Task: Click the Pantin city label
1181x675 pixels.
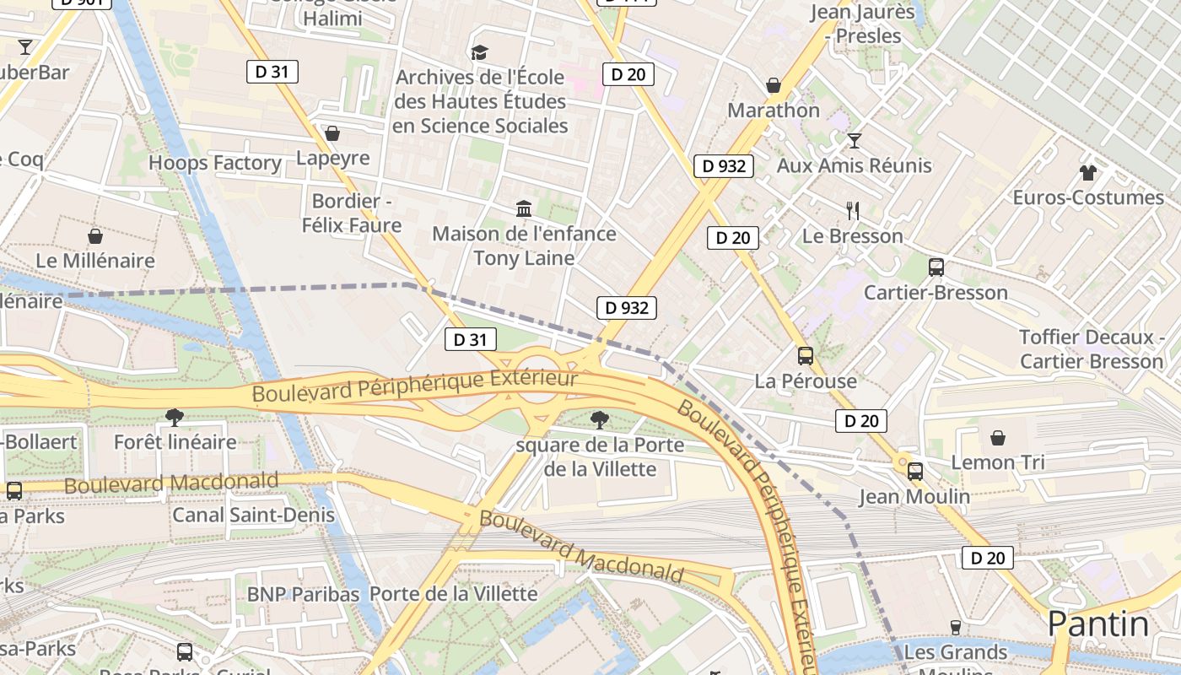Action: (x=1097, y=625)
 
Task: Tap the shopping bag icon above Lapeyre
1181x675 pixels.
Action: (x=332, y=134)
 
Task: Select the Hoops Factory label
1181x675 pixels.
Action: (x=215, y=163)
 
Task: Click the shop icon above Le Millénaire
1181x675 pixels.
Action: (x=95, y=236)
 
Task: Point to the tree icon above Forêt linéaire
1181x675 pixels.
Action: (x=175, y=417)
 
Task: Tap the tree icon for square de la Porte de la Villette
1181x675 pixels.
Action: (x=600, y=419)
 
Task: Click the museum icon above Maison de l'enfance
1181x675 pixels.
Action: (x=524, y=208)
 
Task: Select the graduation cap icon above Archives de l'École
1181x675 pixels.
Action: (x=480, y=53)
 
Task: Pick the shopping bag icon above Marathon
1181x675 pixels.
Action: (x=774, y=86)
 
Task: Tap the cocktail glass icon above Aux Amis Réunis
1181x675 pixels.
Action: (x=855, y=141)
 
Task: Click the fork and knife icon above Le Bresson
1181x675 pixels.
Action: (x=854, y=211)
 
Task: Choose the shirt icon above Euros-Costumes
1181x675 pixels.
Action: (x=1087, y=173)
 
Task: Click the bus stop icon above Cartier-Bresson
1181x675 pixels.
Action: (x=936, y=267)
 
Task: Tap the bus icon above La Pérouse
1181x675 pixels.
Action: (x=806, y=356)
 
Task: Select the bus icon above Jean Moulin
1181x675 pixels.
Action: (x=915, y=472)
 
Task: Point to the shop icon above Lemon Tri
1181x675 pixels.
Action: (x=998, y=438)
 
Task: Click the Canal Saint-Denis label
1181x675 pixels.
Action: (x=253, y=515)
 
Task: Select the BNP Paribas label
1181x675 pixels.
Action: (x=303, y=594)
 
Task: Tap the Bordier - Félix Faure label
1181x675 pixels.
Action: (x=352, y=213)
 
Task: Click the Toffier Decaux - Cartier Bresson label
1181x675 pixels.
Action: (x=1092, y=349)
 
